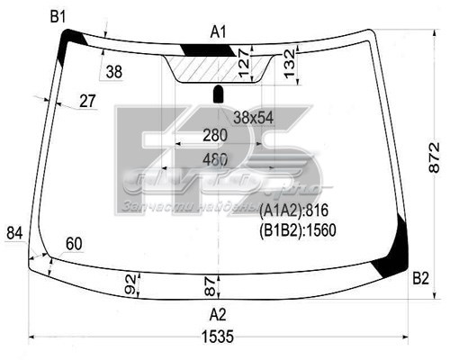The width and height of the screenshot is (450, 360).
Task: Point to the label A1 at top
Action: click(x=219, y=32)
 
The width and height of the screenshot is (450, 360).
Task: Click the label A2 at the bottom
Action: click(x=218, y=314)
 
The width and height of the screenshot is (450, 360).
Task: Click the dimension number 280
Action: click(x=215, y=135)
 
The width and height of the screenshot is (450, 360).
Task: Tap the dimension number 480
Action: click(x=215, y=159)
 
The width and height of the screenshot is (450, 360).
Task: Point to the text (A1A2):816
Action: click(x=290, y=210)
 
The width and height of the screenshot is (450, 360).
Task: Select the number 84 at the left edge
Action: click(x=14, y=234)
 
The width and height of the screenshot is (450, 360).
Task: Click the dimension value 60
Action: click(x=74, y=244)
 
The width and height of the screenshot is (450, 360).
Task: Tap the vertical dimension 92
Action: click(x=130, y=286)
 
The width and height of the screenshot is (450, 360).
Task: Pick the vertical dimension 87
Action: click(x=210, y=287)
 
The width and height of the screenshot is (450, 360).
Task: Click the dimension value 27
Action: click(x=87, y=101)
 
